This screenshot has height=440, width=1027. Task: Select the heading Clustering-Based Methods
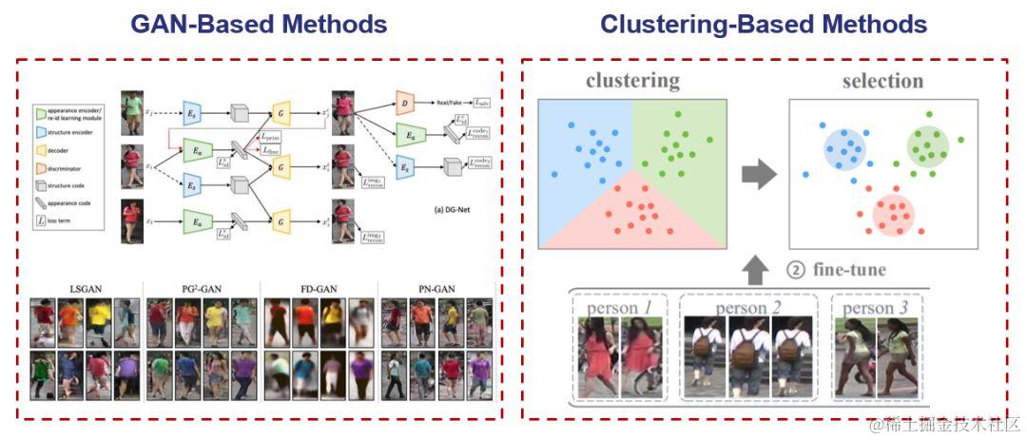point(764,23)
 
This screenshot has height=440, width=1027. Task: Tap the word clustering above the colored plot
point(632,81)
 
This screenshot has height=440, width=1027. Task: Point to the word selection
point(882,81)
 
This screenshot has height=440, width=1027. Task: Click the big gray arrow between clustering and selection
point(759,173)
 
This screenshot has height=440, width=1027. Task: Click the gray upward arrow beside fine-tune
point(759,270)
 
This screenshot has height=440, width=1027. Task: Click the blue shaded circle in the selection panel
point(843,146)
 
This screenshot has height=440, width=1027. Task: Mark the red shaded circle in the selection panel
point(894,214)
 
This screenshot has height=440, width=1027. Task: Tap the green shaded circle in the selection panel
point(926,144)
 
